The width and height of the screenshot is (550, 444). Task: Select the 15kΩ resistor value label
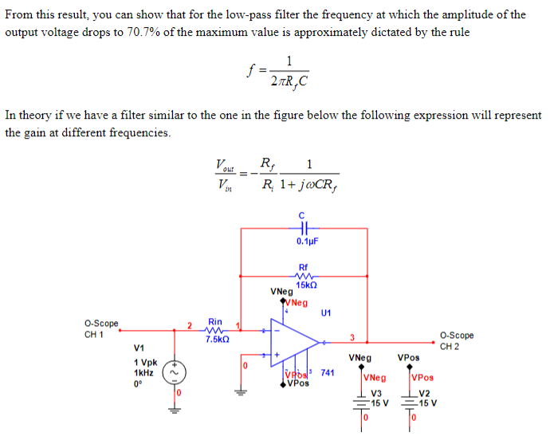click(306, 285)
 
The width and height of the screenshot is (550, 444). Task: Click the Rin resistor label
click(215, 320)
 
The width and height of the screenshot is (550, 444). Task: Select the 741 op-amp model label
click(327, 373)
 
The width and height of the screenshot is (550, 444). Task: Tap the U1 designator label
click(326, 312)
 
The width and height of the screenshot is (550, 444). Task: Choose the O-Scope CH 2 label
click(456, 340)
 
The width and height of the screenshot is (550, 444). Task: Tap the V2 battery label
click(424, 394)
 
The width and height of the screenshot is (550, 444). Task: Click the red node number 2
click(189, 324)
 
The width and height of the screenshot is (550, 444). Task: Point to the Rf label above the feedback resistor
click(303, 267)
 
